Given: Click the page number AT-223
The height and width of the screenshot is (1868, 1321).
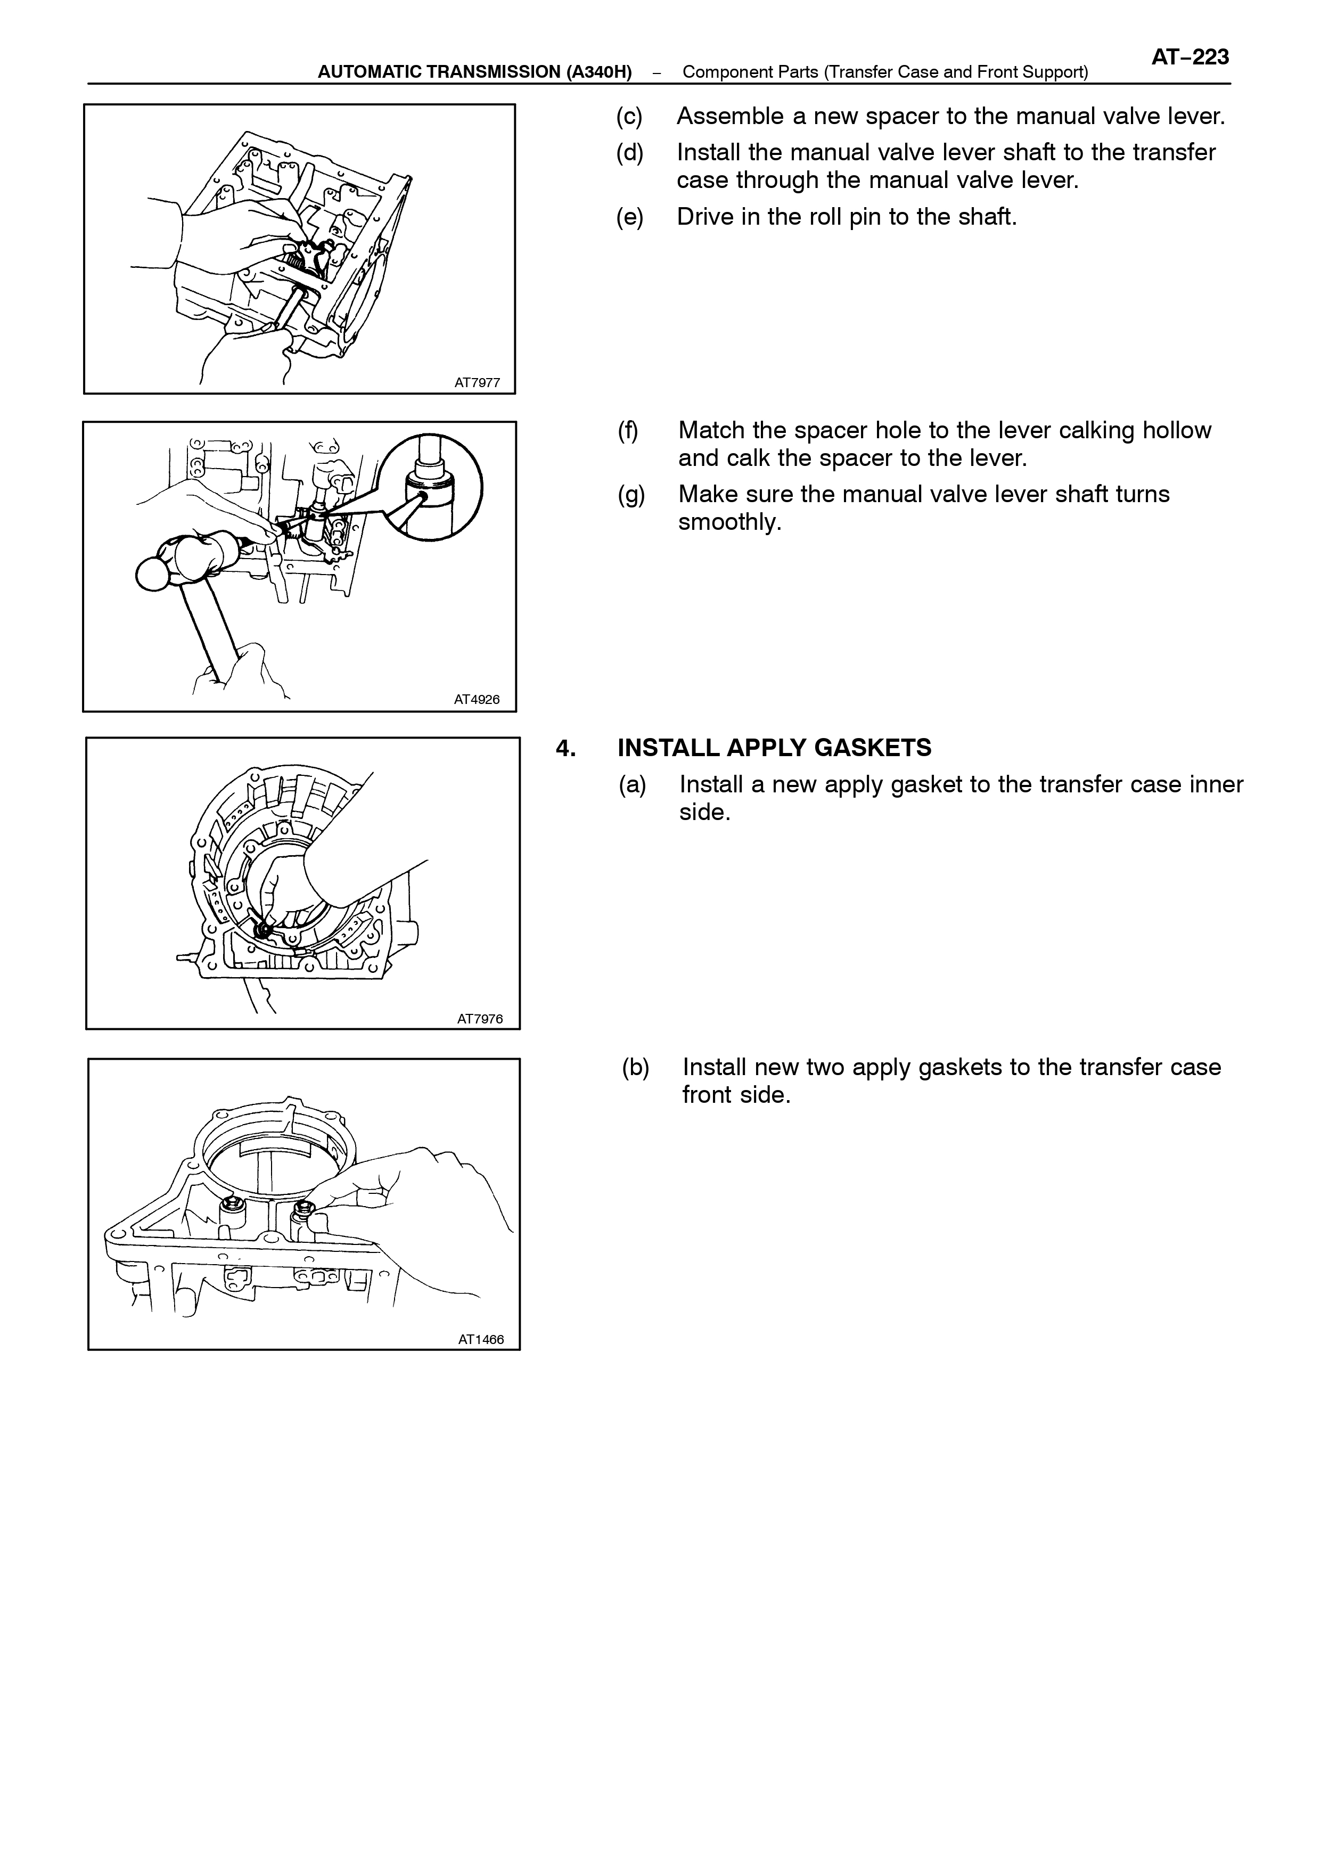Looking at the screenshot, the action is click(x=1190, y=57).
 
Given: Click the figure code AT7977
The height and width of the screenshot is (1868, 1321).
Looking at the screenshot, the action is click(x=478, y=382).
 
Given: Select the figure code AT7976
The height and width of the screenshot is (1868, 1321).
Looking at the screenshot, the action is click(x=480, y=1019).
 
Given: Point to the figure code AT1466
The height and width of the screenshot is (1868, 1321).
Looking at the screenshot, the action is click(x=481, y=1339).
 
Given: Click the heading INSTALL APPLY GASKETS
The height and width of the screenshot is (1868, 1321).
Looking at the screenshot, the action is click(x=774, y=748).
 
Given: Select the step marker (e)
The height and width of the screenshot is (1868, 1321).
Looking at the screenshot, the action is click(x=629, y=217).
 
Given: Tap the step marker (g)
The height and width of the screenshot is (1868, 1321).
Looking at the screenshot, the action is click(x=631, y=495).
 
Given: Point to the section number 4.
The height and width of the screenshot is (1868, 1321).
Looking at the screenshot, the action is click(x=565, y=748).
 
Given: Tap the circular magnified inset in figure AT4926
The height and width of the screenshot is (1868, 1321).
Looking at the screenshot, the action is click(x=431, y=486).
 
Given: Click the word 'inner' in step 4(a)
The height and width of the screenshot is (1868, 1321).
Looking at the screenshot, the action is click(x=1215, y=784).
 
